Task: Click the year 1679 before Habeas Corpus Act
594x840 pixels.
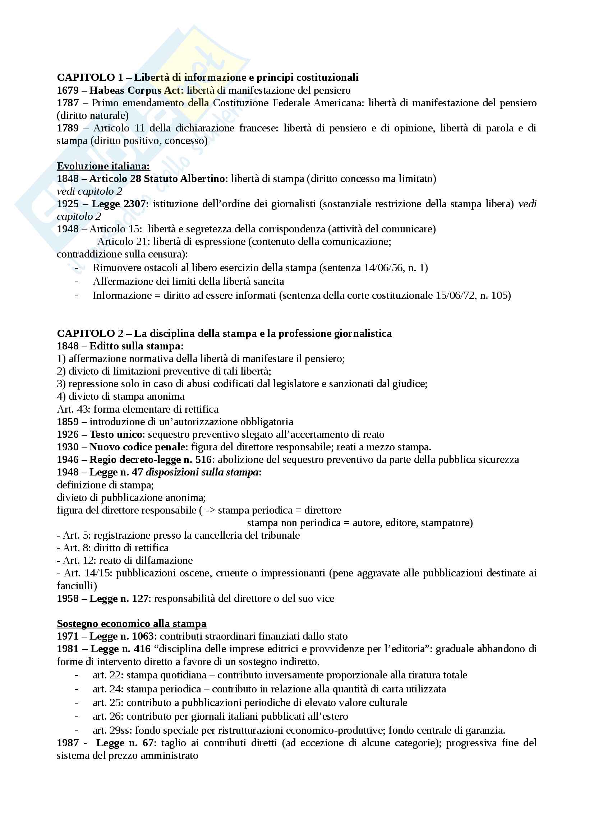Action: (68, 91)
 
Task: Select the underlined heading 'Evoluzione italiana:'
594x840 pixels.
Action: (103, 166)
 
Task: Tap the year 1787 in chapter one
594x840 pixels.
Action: (68, 103)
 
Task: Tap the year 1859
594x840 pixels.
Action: (68, 422)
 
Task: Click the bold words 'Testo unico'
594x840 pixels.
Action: (116, 435)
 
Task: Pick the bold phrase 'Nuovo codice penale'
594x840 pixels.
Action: (137, 447)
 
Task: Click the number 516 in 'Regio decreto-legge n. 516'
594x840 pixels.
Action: (203, 460)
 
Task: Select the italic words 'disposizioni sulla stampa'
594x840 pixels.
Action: (202, 472)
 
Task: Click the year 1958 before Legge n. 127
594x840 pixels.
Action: (68, 599)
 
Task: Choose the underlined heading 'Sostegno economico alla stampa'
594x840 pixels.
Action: (132, 624)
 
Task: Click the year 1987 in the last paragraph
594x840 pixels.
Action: (68, 743)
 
